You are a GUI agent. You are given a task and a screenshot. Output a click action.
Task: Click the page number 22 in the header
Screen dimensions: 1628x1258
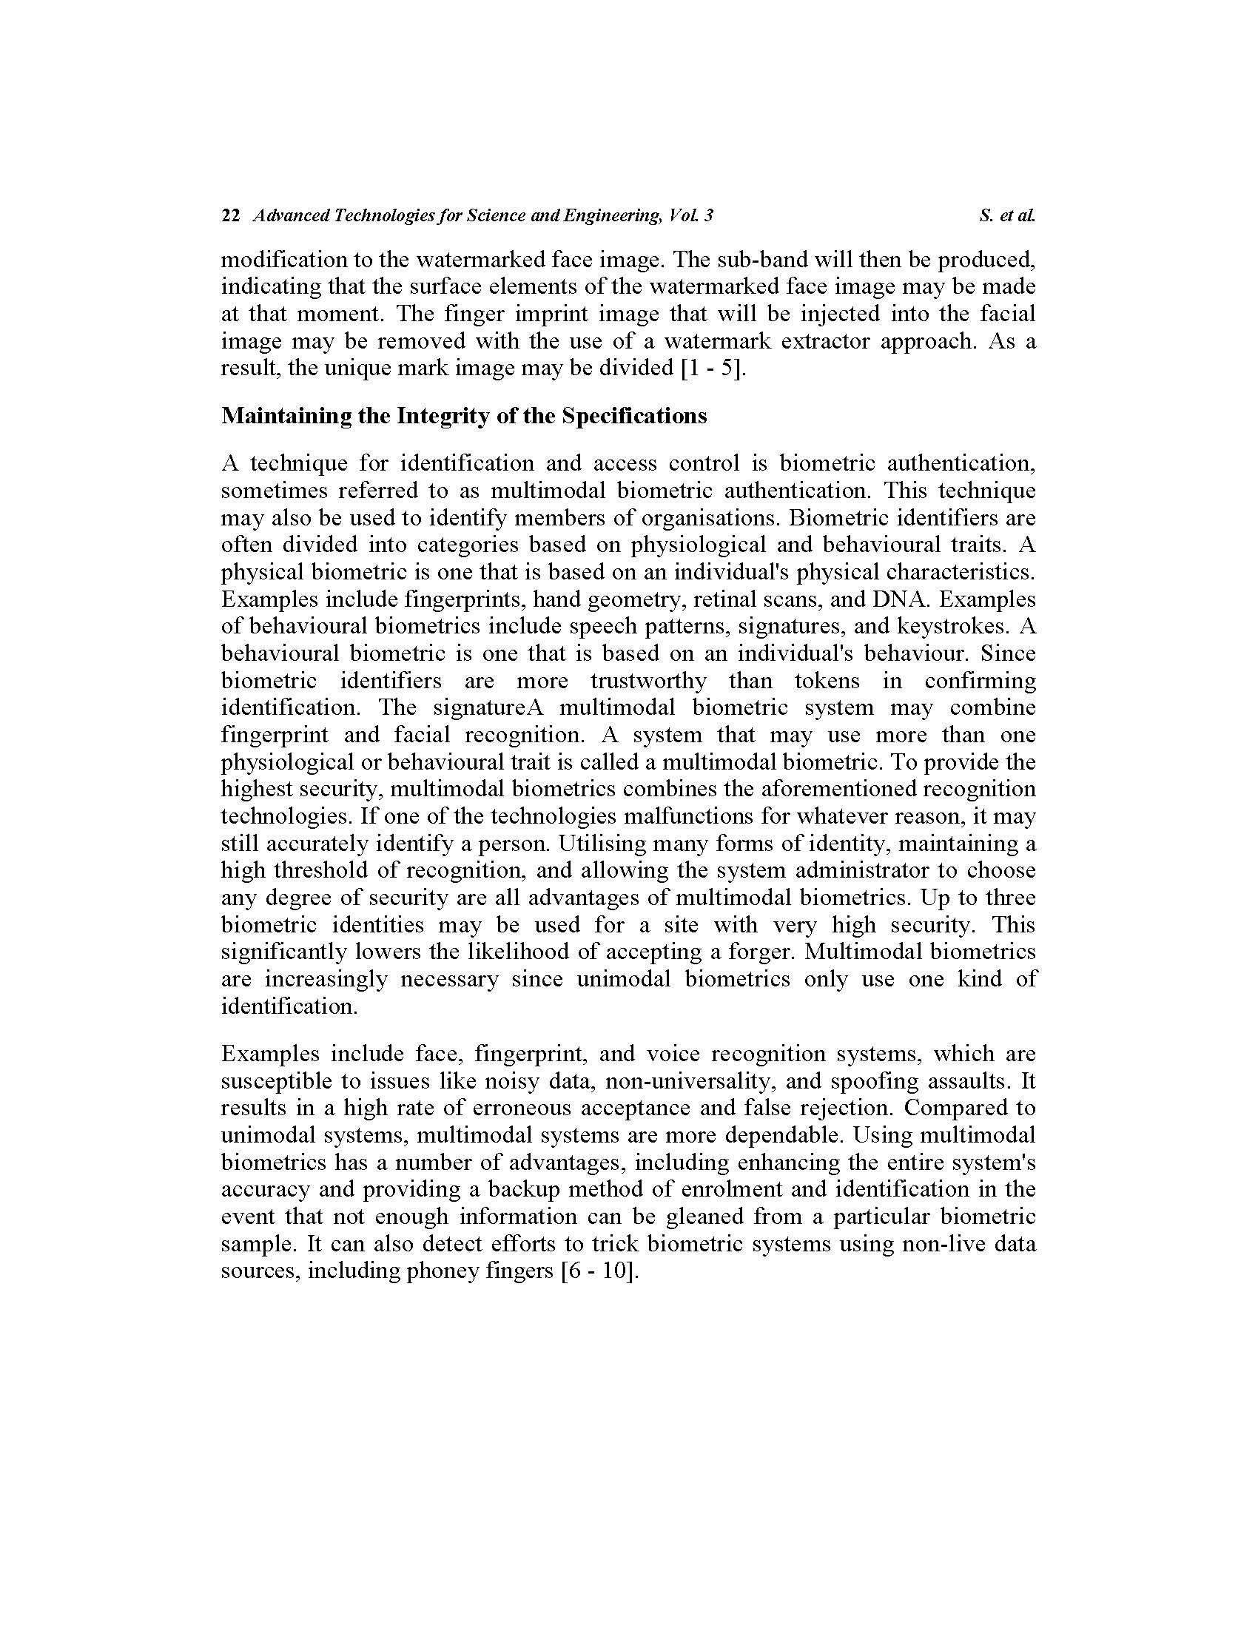pyautogui.click(x=230, y=216)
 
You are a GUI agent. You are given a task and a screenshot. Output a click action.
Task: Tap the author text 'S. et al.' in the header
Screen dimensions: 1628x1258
pyautogui.click(x=1008, y=216)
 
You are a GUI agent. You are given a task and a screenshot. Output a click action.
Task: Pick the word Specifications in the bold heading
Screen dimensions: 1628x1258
pyautogui.click(x=634, y=416)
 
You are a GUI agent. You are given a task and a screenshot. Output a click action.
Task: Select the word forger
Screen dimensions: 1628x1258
pyautogui.click(x=758, y=952)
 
